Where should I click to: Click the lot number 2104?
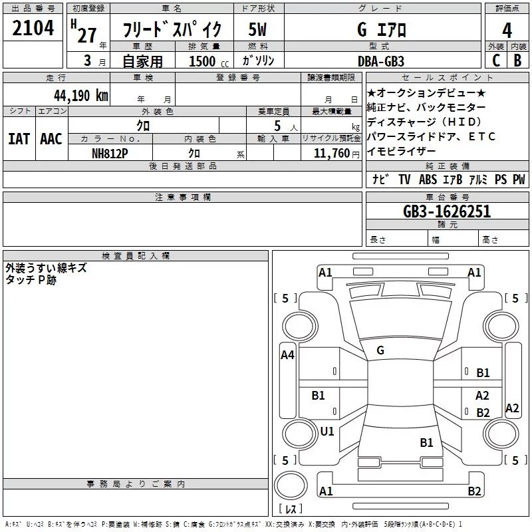33,28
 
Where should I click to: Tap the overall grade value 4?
507,31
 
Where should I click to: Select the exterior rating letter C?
496,61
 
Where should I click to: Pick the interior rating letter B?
517,61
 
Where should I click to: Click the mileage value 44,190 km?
80,96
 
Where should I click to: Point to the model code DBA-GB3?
381,61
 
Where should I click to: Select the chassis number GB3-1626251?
447,211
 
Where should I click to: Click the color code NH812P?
110,154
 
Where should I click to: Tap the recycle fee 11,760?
332,154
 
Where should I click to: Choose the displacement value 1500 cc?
209,61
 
